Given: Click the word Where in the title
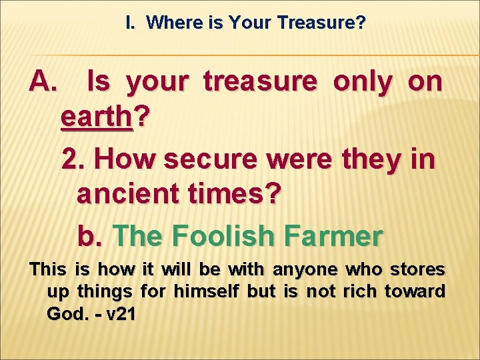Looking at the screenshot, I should click(x=169, y=23).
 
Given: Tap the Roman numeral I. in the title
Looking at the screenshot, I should click(x=130, y=23).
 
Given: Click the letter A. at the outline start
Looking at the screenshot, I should click(x=45, y=82).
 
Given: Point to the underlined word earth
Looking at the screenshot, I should click(x=97, y=118).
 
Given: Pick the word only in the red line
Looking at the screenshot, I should click(x=363, y=82).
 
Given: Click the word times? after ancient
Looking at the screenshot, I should click(x=239, y=196).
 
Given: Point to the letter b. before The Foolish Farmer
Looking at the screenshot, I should click(x=90, y=235).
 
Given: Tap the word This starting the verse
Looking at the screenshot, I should click(x=47, y=270).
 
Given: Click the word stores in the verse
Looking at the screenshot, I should click(x=417, y=270).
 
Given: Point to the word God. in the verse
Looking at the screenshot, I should click(x=65, y=314).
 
